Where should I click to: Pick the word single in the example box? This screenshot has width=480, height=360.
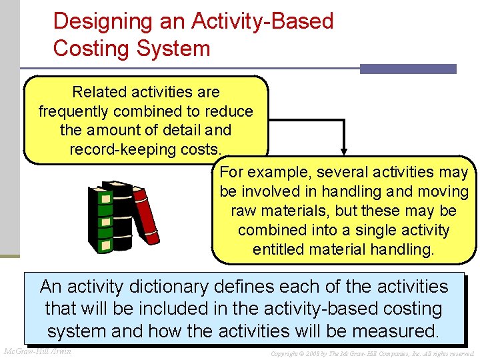[367, 230]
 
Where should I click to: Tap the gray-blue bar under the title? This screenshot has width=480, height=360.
[408, 69]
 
